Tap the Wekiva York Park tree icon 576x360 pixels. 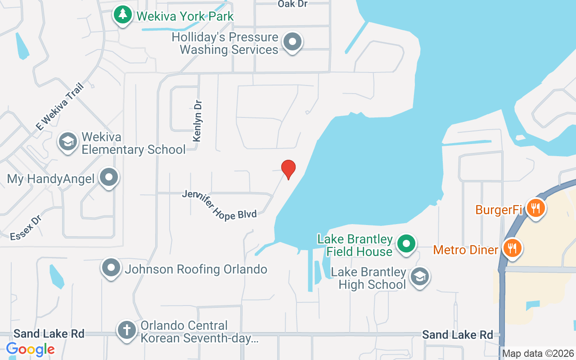pos(122,15)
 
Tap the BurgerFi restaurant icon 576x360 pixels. pos(535,208)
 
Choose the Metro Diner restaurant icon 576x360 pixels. pos(511,247)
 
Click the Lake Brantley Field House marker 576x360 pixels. pos(406,244)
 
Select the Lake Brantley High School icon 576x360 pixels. pos(420,277)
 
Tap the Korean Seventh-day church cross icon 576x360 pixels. pos(127,330)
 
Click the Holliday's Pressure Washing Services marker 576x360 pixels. pos(292,42)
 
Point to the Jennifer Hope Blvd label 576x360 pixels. pos(219,205)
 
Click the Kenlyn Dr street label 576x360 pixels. pos(198,121)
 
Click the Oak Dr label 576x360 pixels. pos(293,4)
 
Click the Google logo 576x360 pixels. pos(31,349)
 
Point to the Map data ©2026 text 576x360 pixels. pos(538,353)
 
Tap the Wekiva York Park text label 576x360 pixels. pos(185,16)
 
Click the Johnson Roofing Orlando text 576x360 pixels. pos(196,269)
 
